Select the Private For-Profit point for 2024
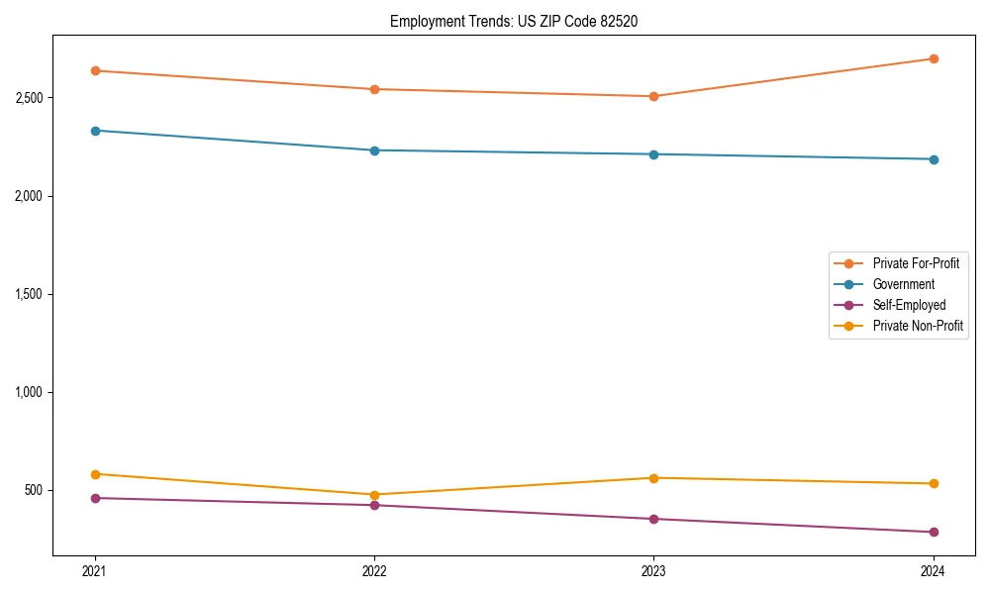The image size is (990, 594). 933,58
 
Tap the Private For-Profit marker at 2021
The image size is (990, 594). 95,70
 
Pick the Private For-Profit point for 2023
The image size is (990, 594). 653,96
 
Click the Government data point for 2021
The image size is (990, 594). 95,131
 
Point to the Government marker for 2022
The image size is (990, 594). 374,150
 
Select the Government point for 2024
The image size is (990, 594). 933,159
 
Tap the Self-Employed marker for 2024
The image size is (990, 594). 933,532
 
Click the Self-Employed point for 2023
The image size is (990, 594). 653,519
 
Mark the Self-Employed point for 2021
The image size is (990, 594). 95,498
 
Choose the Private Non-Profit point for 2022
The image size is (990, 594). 374,495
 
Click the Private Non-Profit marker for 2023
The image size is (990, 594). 653,478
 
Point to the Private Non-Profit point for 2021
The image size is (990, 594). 95,474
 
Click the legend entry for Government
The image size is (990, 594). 903,284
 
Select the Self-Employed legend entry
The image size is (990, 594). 909,305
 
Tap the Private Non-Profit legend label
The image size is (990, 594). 918,326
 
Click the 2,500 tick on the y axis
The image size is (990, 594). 30,98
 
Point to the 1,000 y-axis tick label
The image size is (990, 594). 30,392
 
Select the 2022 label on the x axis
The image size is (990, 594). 374,570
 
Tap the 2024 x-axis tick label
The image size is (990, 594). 933,570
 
